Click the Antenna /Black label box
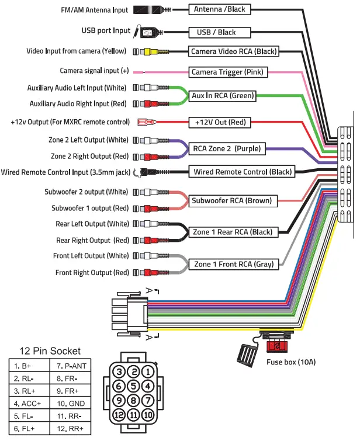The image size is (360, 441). click(x=220, y=9)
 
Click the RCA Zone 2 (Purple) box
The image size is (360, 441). click(x=227, y=148)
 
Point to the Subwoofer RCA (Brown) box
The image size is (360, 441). click(x=232, y=201)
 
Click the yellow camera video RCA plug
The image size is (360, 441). click(x=152, y=51)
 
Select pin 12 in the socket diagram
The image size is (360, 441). click(x=119, y=415)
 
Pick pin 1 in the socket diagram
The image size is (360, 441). click(x=148, y=371)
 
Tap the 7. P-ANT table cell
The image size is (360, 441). click(x=74, y=366)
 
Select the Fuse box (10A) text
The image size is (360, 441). click(x=290, y=362)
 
